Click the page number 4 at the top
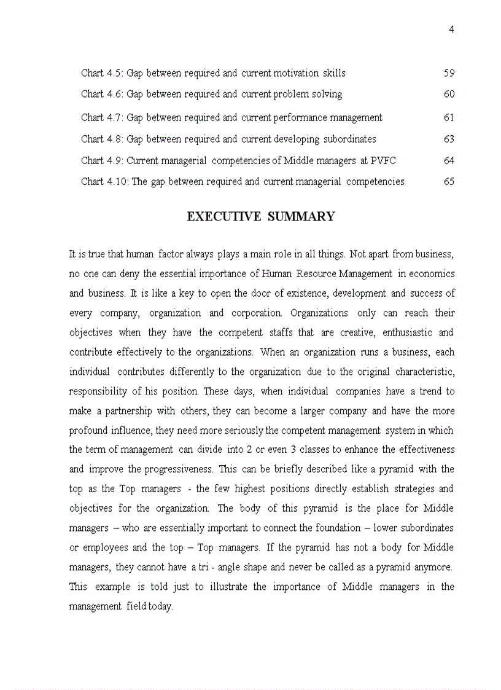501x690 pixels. point(451,29)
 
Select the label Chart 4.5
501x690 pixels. point(101,73)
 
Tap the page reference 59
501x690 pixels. point(449,73)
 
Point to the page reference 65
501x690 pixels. point(449,181)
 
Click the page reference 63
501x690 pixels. point(449,139)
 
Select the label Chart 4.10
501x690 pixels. point(104,181)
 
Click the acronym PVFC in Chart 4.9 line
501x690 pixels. point(383,160)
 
